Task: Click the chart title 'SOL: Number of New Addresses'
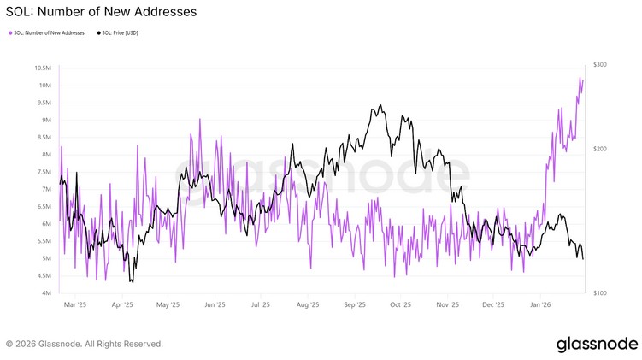(101, 12)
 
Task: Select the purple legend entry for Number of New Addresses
(47, 33)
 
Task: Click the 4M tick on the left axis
(49, 293)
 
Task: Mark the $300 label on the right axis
(600, 65)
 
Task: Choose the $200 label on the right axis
(600, 149)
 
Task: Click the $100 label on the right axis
(600, 293)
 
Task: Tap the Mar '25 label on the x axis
(76, 304)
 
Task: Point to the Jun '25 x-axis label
(215, 304)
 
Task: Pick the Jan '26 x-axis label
(540, 304)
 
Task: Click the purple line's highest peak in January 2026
(580, 78)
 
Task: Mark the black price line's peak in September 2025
(380, 106)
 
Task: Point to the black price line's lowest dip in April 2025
(131, 281)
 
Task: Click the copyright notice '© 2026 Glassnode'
(84, 344)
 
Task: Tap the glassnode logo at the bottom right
(597, 344)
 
